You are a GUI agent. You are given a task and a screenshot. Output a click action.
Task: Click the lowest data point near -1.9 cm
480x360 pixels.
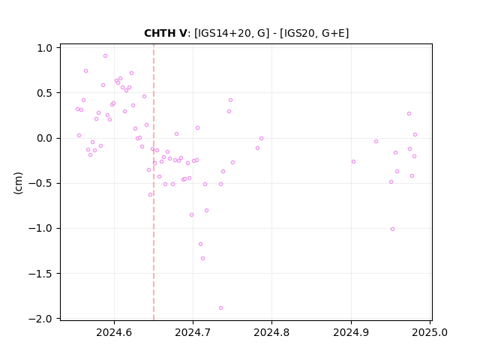220,308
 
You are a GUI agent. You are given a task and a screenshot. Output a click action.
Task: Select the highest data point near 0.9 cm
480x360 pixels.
105,56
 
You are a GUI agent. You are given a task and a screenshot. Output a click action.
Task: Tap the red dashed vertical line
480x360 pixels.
154,182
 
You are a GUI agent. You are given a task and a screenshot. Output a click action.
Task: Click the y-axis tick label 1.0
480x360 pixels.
45,48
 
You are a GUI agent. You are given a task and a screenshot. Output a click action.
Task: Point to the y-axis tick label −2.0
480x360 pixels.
40,319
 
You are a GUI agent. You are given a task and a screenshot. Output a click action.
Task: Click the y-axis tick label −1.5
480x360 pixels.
40,274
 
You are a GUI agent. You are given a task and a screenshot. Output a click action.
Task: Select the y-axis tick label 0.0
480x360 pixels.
45,138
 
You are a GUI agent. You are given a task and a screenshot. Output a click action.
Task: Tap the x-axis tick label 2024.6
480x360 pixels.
114,332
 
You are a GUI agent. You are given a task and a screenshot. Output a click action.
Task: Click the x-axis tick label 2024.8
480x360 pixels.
271,332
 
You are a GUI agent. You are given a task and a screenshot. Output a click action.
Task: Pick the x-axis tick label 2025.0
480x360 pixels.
430,332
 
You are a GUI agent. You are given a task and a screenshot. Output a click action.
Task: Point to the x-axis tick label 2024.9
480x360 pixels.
351,332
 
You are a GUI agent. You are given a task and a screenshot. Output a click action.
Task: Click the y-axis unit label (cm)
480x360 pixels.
18,183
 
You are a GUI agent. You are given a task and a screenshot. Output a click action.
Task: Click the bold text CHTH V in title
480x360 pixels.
165,33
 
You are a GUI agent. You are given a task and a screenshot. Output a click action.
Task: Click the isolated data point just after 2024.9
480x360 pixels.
353,162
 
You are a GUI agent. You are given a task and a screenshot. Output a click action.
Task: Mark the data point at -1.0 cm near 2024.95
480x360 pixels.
392,229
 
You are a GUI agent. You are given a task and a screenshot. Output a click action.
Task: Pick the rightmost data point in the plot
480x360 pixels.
415,135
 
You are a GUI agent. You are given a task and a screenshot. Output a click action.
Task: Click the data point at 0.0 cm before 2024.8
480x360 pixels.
262,138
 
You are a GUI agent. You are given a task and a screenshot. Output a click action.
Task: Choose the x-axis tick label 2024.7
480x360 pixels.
193,332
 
